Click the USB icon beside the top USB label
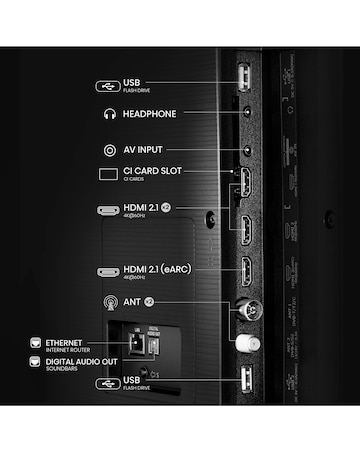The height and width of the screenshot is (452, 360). [x=108, y=86]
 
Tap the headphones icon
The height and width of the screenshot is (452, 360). [x=108, y=114]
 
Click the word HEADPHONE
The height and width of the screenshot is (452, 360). [x=149, y=114]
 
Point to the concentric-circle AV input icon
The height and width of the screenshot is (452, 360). [x=108, y=150]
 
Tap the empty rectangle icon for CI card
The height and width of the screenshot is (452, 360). [x=108, y=174]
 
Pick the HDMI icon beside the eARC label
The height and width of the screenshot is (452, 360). [x=108, y=272]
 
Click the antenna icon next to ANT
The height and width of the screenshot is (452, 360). [x=108, y=301]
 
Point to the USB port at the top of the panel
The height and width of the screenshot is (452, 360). [x=244, y=79]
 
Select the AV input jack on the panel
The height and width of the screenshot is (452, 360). [x=245, y=151]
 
